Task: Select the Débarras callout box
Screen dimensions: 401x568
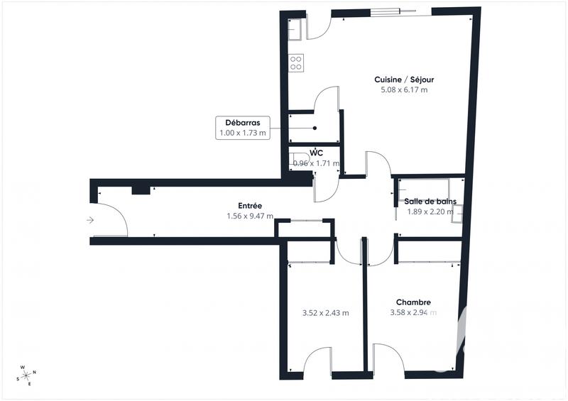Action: tap(243, 128)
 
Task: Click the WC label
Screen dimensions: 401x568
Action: tap(317, 153)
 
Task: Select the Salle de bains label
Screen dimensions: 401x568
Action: tap(431, 201)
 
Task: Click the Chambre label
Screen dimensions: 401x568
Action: tap(413, 302)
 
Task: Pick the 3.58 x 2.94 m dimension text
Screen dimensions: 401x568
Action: tap(413, 312)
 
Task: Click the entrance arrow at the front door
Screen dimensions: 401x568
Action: tap(90, 220)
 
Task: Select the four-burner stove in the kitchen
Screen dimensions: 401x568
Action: tap(296, 62)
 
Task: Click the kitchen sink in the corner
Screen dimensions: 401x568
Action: tap(296, 28)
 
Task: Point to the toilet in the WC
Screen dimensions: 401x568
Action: tap(298, 158)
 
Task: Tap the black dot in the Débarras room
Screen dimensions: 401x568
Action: tap(314, 128)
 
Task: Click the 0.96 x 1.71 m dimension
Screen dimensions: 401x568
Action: tap(317, 164)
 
